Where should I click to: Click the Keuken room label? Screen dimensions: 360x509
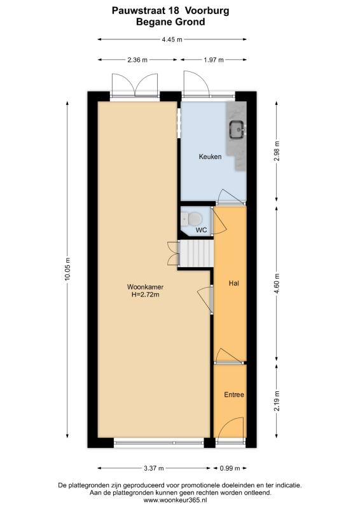tap(210, 157)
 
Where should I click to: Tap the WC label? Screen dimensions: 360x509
tap(201, 230)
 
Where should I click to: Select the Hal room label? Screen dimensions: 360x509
tap(233, 283)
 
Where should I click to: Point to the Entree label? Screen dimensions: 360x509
tap(234, 394)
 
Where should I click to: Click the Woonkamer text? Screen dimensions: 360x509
tap(145, 287)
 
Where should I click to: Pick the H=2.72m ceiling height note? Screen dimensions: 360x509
tap(145, 295)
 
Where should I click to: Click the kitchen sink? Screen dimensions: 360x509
tap(238, 130)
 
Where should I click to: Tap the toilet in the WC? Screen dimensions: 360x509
tap(191, 219)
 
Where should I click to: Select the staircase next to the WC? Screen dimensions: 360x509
tap(197, 253)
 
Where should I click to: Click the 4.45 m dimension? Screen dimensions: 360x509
tap(172, 39)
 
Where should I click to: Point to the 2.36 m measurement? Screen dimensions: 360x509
tap(137, 60)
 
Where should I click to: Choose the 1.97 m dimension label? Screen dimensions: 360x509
tap(213, 60)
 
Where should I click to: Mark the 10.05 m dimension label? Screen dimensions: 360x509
tap(67, 269)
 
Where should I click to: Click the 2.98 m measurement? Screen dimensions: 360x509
tap(277, 151)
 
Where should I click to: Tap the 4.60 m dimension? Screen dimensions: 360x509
tap(277, 284)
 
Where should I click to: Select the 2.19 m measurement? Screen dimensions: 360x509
tap(277, 401)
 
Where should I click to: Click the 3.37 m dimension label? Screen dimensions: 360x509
tap(153, 468)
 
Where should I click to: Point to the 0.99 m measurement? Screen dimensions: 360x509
tap(230, 468)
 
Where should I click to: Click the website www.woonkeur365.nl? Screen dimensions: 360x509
tap(175, 500)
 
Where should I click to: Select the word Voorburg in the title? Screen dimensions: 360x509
tap(207, 11)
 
